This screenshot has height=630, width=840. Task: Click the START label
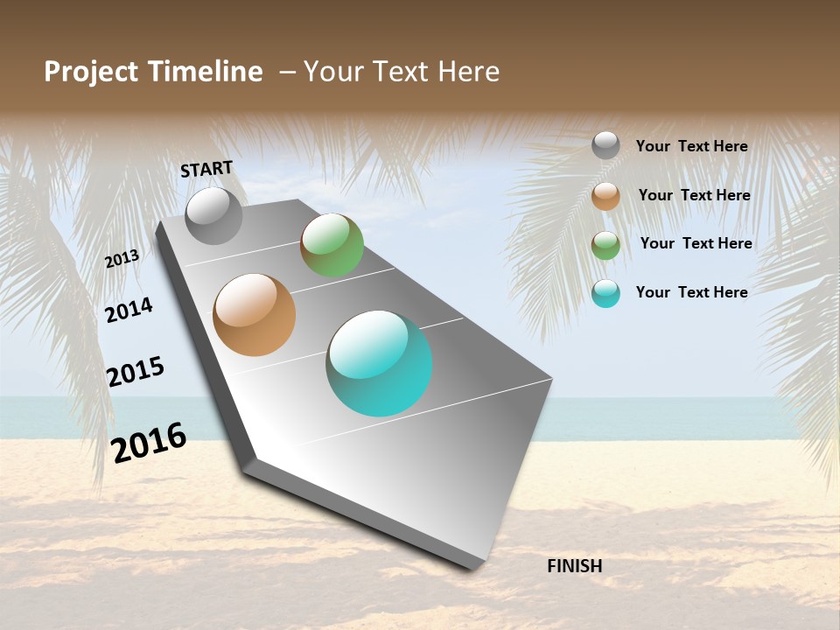click(206, 169)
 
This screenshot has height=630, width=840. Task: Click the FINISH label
click(574, 566)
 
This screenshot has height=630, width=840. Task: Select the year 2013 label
click(122, 259)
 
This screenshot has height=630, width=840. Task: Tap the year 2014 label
click(129, 310)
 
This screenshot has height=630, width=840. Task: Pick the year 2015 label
click(136, 372)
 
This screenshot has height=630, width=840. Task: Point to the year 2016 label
click(149, 443)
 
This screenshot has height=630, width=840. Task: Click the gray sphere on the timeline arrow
click(213, 215)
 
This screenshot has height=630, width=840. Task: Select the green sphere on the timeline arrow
click(332, 245)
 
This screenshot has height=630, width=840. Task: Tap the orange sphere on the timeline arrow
click(255, 315)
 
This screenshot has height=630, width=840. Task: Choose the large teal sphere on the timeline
click(379, 363)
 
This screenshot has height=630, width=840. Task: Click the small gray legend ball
click(605, 145)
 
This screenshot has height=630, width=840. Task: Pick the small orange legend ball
click(605, 196)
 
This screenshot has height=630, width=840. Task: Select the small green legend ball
click(605, 245)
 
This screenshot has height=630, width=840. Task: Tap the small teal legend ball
click(605, 293)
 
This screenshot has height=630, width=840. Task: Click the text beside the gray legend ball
click(691, 146)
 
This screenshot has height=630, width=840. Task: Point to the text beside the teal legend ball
click(691, 292)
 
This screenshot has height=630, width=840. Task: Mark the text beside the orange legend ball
click(694, 195)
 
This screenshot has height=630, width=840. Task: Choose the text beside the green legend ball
click(696, 243)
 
